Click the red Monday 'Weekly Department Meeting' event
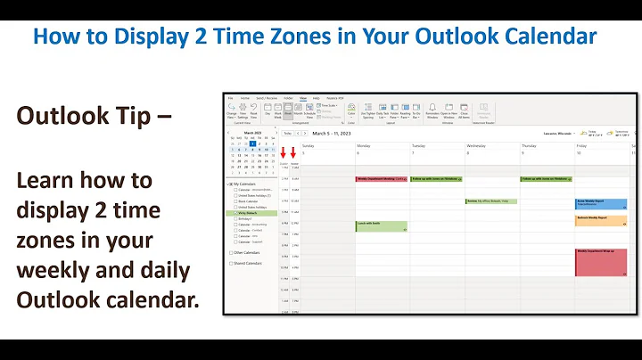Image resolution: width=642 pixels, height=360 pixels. pos(381,179)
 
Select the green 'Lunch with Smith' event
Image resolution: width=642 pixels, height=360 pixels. pos(381,226)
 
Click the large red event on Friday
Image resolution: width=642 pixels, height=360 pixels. pos(600,262)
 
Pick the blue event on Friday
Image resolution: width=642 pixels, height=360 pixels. pos(600,203)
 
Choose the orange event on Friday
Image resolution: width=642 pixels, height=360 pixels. pos(600,219)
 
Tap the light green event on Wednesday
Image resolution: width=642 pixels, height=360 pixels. pos(490,201)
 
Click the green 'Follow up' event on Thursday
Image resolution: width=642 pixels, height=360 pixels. pos(545,179)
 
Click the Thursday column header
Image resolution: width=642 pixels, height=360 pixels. pos(530,144)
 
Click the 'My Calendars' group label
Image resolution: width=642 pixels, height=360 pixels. pos(246,184)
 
